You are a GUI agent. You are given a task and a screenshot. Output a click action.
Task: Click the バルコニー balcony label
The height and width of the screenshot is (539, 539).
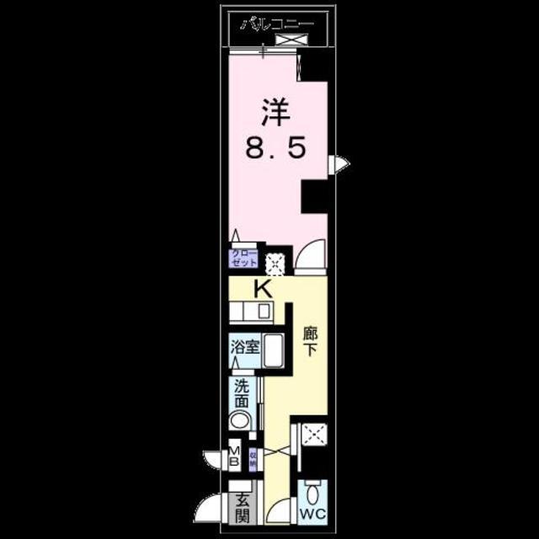277,23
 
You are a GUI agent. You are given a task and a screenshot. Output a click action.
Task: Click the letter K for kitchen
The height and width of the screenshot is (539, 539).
263,290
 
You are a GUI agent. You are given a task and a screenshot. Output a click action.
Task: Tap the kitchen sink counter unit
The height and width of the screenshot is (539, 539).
250,312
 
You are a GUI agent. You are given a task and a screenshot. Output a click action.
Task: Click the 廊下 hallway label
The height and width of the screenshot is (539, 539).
310,342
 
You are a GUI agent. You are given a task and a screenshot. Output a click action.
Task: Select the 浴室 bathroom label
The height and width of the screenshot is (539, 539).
245,345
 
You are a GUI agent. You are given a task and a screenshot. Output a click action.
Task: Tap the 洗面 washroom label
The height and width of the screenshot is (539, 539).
242,396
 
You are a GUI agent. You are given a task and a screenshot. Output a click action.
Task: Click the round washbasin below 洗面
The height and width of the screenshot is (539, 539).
241,422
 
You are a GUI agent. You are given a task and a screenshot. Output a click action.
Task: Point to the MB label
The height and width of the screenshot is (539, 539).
235,458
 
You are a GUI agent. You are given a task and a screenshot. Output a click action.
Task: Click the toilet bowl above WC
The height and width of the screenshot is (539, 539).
312,492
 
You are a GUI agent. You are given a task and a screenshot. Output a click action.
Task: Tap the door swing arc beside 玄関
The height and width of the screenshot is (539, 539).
209,508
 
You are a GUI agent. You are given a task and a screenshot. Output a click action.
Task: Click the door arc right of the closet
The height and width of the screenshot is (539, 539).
312,255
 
